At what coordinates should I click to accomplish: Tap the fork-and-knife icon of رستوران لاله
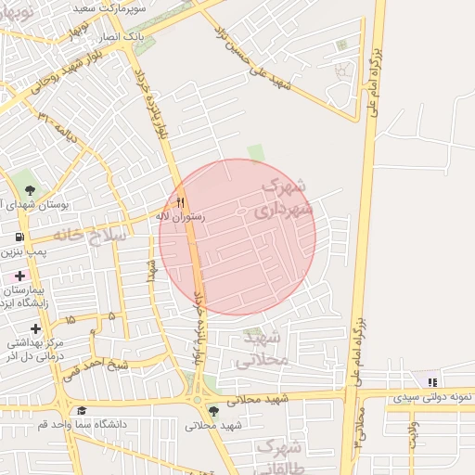coord(181,201)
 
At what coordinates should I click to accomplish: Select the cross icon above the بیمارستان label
coord(19,276)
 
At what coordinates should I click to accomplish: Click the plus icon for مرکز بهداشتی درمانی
coord(35,328)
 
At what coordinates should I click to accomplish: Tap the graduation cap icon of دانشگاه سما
coord(82,410)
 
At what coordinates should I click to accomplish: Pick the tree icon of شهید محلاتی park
coord(214,410)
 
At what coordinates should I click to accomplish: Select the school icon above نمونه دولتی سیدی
coord(431,381)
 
